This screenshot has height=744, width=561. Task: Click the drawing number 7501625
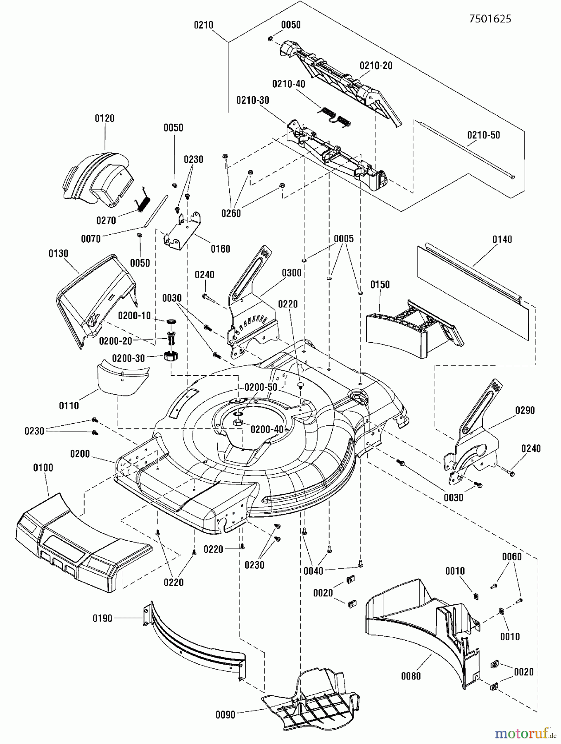pos(490,19)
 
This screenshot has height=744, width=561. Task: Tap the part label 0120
pos(105,118)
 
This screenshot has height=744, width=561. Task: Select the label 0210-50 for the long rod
pos(483,135)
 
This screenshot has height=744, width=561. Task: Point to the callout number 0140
pos(502,239)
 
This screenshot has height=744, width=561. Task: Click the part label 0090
pos(226,714)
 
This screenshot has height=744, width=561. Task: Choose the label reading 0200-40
pos(267,429)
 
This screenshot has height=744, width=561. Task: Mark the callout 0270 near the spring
pos(106,220)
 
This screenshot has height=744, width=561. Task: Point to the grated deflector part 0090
pos(314,699)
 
